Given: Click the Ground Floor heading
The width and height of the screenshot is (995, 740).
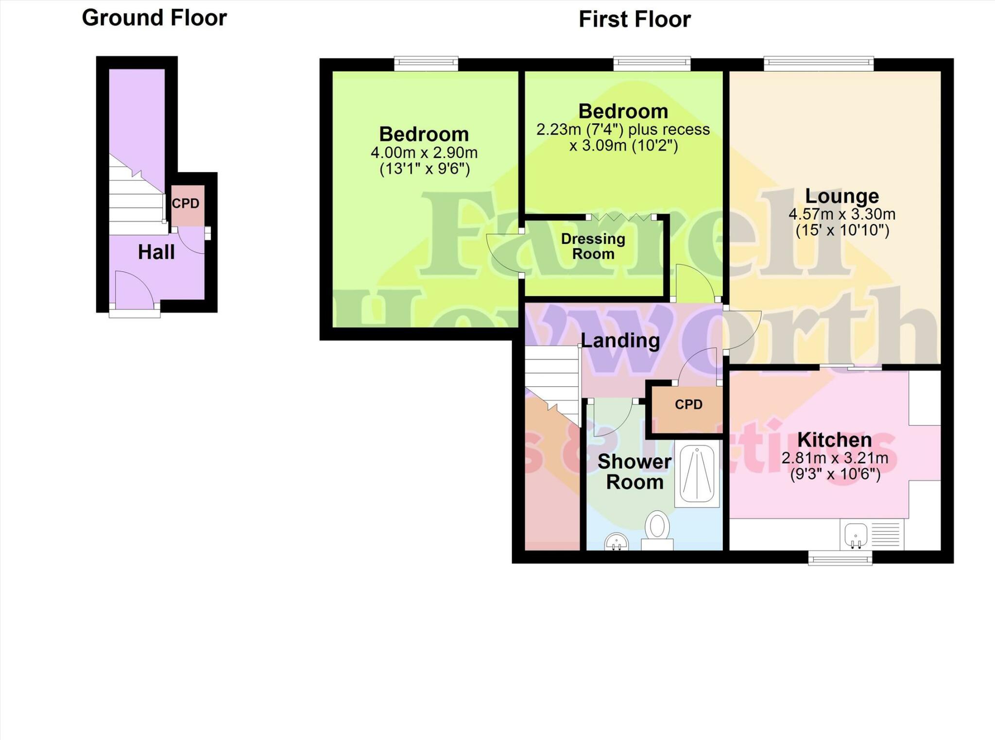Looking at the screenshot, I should [x=154, y=18].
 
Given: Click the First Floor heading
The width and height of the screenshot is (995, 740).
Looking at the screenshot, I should [x=635, y=20].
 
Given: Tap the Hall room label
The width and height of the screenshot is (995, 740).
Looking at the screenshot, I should [x=156, y=252].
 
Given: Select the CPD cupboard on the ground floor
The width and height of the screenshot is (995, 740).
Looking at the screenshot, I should [x=187, y=205].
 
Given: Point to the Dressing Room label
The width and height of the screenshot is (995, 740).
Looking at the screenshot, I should [x=593, y=246].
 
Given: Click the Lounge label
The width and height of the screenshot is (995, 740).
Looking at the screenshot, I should [x=841, y=196].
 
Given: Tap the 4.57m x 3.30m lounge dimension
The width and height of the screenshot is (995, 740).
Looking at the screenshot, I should [x=841, y=214].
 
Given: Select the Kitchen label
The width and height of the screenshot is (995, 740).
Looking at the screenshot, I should [x=834, y=440].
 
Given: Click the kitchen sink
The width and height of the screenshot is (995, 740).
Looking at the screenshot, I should [x=856, y=534].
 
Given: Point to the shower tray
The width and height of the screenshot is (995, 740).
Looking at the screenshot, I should [x=697, y=475].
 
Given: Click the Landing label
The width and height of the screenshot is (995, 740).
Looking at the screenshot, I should [x=620, y=341].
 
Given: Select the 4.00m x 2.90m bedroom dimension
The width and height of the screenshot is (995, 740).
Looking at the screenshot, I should [x=424, y=153].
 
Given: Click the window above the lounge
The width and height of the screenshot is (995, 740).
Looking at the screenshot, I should [x=818, y=63].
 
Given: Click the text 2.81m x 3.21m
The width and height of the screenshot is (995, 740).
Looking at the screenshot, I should [x=834, y=458].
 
